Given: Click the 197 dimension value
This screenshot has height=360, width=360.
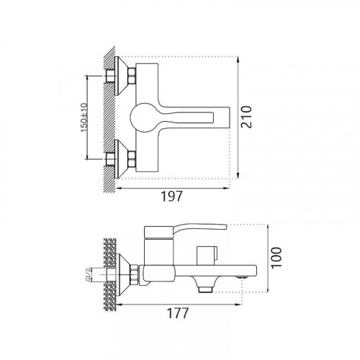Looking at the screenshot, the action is (x=171, y=197).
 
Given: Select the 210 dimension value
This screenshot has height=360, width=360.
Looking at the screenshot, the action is (x=246, y=117).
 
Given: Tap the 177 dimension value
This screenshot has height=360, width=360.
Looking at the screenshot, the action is (x=178, y=313).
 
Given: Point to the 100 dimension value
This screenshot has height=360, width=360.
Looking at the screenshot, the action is (x=276, y=257).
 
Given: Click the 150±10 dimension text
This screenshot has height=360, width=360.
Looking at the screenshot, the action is (x=84, y=117).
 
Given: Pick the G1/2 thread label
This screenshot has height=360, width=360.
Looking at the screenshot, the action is (x=89, y=275).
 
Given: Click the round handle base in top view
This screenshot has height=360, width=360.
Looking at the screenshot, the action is (x=143, y=117).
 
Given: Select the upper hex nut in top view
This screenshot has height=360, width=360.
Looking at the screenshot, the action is (x=132, y=76).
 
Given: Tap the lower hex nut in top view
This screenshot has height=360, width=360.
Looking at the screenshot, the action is (x=132, y=159).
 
